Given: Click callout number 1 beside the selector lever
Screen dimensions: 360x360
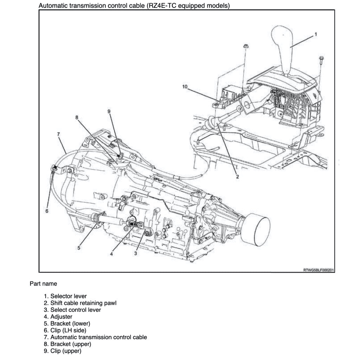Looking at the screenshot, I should tap(315, 34).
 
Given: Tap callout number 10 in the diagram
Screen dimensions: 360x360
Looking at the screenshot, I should tap(185, 86).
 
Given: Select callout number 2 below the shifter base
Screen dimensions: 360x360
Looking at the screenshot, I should tap(237, 176).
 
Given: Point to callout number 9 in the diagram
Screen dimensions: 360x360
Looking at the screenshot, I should tap(109, 111).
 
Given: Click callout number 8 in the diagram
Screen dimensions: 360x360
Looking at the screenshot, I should tap(77, 117).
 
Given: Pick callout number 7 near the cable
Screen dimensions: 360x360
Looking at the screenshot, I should tap(58, 134).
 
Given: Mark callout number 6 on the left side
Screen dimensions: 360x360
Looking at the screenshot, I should tap(47, 211).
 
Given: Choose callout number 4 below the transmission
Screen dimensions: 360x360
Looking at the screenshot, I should tap(111, 254).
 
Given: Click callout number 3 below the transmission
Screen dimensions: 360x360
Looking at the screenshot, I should tap(135, 254).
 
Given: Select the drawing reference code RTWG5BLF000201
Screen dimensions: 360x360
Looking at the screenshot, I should tap(318, 270).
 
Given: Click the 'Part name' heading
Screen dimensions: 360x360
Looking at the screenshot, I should tap(43, 283).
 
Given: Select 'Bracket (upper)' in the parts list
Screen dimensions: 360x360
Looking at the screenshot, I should tap(71, 344).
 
